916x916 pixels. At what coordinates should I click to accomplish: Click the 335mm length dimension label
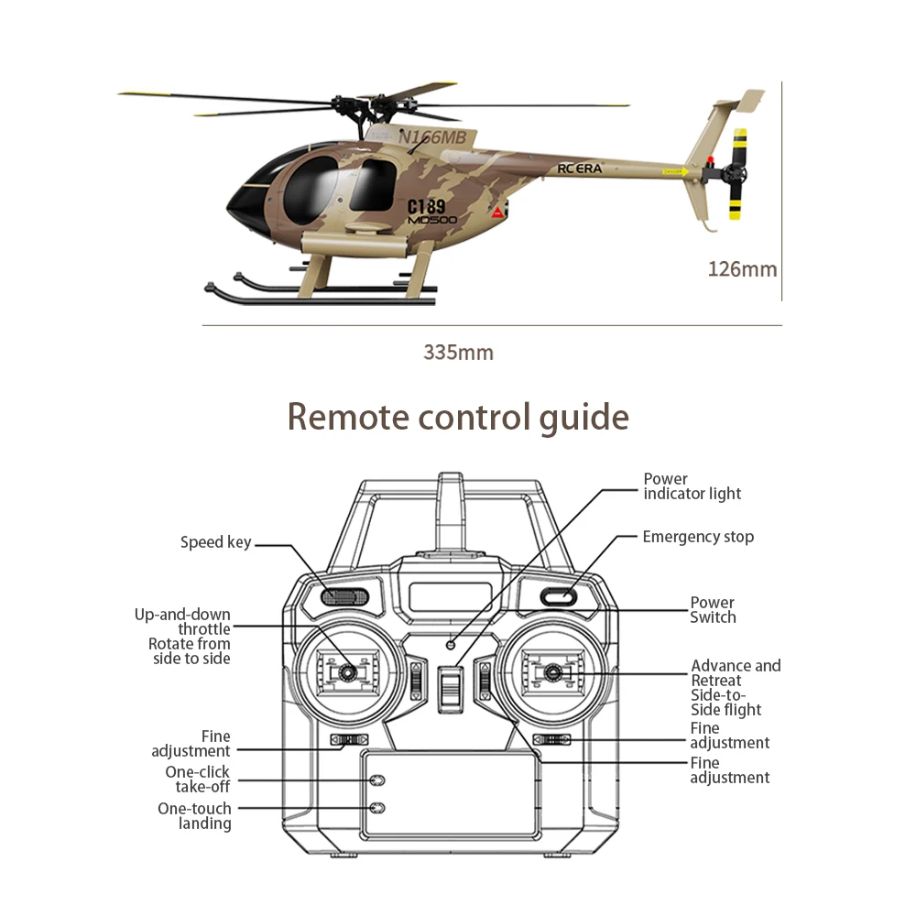[x=458, y=353]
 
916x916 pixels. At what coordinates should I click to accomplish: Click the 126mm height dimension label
[x=742, y=269]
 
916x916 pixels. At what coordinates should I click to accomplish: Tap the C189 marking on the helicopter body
[x=426, y=206]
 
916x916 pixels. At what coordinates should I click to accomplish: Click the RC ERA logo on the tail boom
[x=580, y=169]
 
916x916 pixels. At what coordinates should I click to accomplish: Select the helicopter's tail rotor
[x=736, y=174]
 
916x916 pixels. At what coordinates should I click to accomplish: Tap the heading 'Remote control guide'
[x=458, y=417]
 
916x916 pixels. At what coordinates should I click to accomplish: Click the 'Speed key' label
[x=215, y=542]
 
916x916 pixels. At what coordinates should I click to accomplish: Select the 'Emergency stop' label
[x=698, y=537]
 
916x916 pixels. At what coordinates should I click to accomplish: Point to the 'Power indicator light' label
[x=692, y=486]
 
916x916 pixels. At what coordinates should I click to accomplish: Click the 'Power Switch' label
[x=713, y=610]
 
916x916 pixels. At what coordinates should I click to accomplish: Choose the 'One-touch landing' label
[x=194, y=816]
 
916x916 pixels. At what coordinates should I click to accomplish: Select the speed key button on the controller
[x=344, y=597]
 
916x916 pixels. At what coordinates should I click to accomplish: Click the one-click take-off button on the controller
[x=376, y=780]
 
